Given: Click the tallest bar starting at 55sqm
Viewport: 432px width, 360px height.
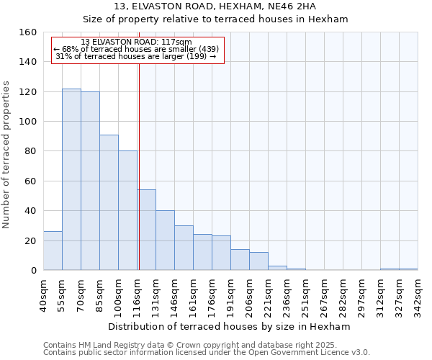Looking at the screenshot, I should [x=71, y=179].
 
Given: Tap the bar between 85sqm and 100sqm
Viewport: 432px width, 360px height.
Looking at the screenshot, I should [x=109, y=202].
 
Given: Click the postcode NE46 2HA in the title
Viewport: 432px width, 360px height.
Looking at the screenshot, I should [x=291, y=6].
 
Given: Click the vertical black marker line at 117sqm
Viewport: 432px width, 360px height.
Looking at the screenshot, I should [x=138, y=166].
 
